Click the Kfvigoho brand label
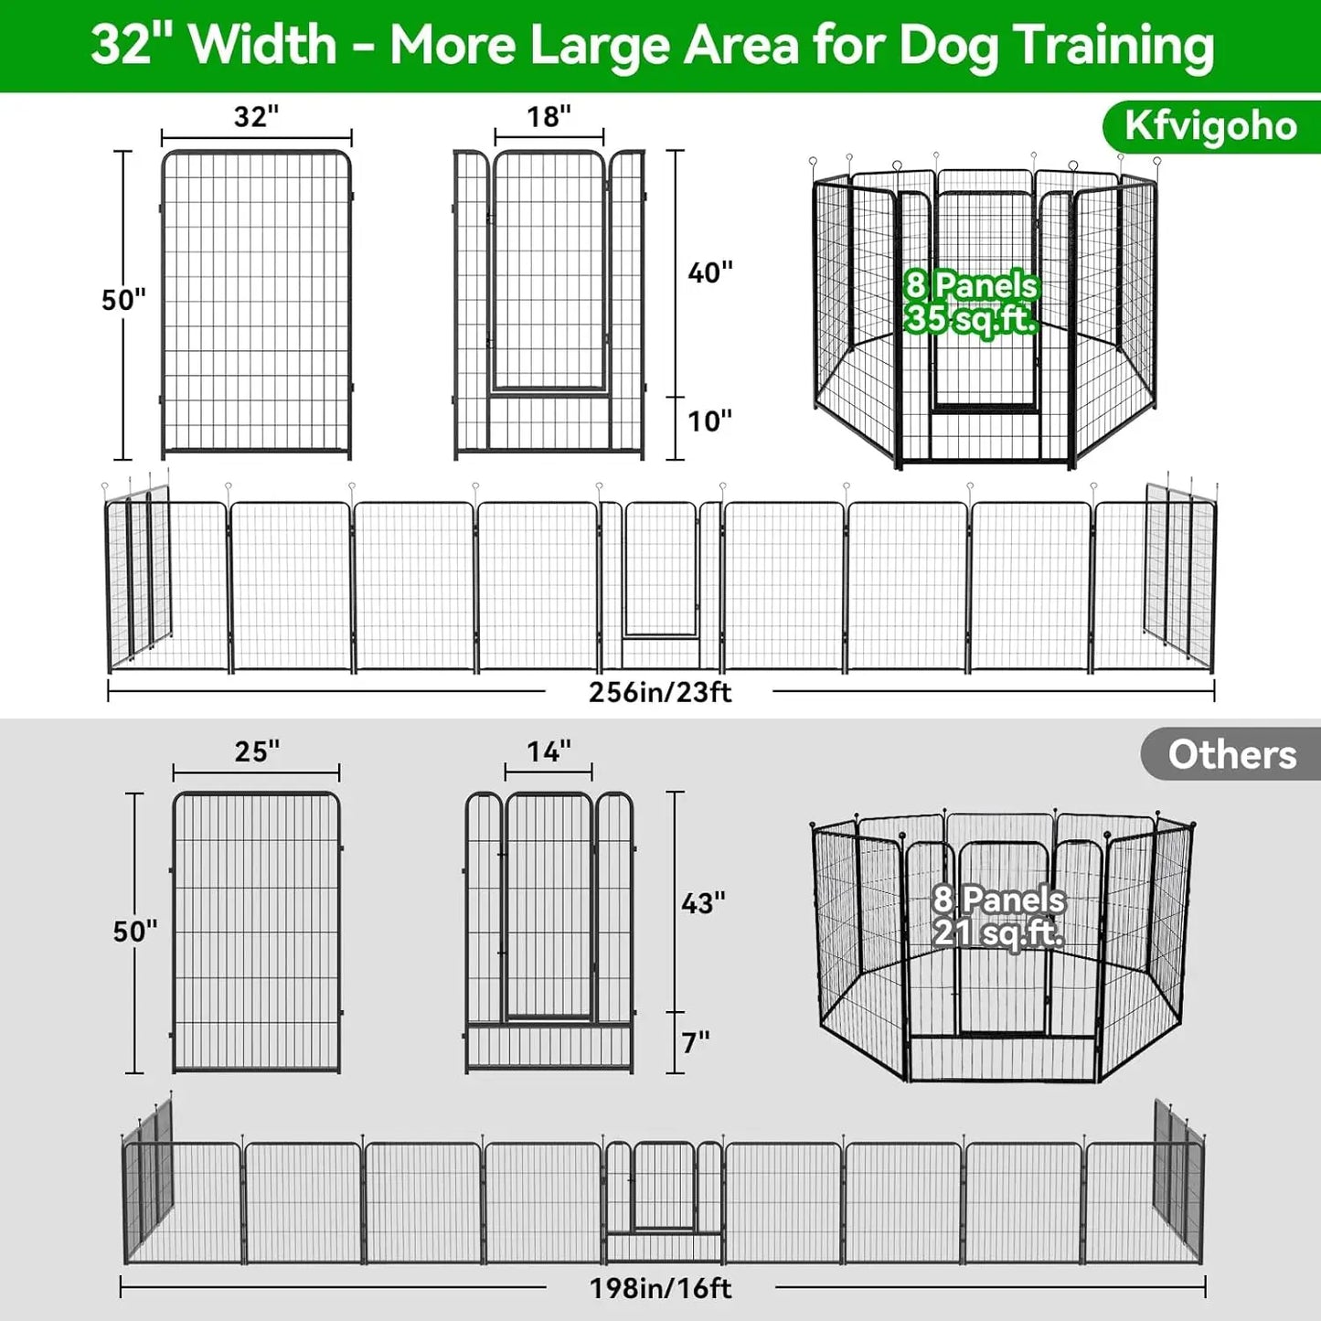[x=1210, y=127]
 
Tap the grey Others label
[x=1231, y=755]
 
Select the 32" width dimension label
[x=256, y=117]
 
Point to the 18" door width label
[x=549, y=117]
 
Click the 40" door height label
[x=710, y=272]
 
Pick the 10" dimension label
[x=710, y=421]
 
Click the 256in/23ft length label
[x=660, y=692]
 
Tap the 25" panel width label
[x=257, y=751]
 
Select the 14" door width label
[x=549, y=751]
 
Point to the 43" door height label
[x=703, y=903]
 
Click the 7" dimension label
[x=696, y=1042]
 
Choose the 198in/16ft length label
[x=660, y=1288]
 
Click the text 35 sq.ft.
[x=970, y=319]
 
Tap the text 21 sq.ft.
[x=997, y=933]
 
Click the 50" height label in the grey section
[x=135, y=932]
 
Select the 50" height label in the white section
[x=123, y=300]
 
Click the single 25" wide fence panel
[x=256, y=932]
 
